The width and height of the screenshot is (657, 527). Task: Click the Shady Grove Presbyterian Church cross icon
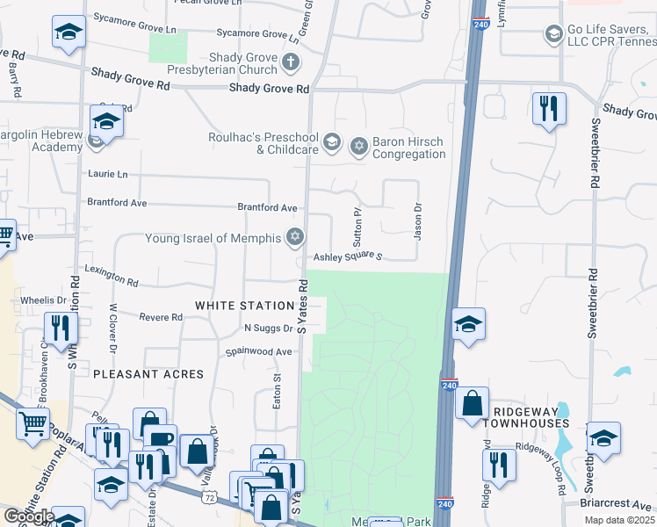pos(291,62)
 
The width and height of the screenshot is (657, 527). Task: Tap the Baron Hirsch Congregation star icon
pos(358,146)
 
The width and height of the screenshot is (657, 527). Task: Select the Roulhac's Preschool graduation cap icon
pos(331,141)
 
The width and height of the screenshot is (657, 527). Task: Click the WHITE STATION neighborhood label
pos(244,306)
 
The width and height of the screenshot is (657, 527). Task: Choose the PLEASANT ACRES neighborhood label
pos(148,374)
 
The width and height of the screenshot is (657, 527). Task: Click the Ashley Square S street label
pos(348,256)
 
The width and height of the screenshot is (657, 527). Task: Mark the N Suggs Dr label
pos(268,328)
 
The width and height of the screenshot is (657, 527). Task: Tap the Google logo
pos(29,516)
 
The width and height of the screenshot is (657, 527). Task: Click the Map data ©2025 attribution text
pos(619,520)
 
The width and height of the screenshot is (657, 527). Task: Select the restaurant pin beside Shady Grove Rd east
pos(549,109)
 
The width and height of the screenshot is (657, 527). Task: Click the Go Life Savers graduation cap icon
pos(553,34)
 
